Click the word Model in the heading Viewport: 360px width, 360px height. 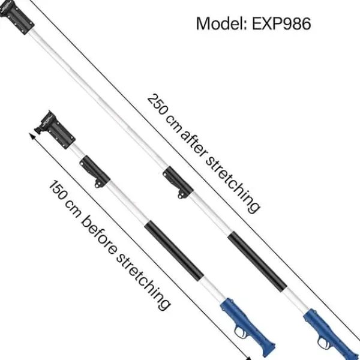(x=221, y=23)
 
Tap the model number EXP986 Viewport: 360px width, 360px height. (x=282, y=23)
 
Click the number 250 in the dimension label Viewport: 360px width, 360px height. (x=158, y=104)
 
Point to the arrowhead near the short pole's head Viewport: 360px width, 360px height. (x=32, y=137)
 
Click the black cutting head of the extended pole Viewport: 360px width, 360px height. (x=17, y=17)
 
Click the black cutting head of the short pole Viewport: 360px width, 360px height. (x=55, y=130)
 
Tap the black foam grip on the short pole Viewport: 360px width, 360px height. (x=174, y=251)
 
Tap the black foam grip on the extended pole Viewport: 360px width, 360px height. (x=257, y=261)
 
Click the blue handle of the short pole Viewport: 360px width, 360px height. (x=247, y=326)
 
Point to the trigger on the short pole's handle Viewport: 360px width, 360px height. (x=241, y=333)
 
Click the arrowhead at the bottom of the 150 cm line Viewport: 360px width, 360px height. (x=248, y=358)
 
